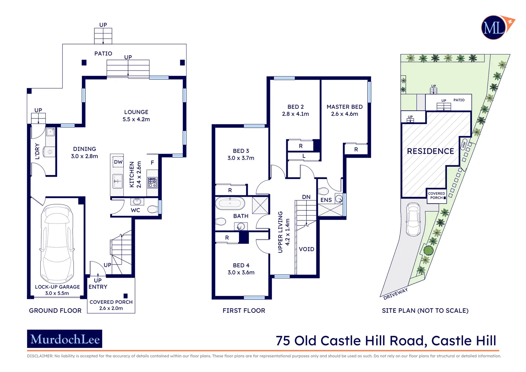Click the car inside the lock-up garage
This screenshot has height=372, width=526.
[57, 244]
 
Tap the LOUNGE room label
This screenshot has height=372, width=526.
[136, 112]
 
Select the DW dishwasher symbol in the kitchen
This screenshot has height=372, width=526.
[118, 162]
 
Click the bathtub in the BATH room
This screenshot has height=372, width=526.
[230, 203]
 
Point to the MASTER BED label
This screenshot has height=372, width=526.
[344, 107]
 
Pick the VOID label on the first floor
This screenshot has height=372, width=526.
[306, 249]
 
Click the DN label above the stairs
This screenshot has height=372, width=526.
[306, 197]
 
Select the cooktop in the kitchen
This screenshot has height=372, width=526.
[152, 182]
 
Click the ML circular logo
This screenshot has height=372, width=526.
[494, 28]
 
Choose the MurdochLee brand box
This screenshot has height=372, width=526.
[65, 339]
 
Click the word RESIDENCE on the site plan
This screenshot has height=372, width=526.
[430, 151]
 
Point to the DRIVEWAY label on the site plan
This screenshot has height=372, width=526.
[396, 293]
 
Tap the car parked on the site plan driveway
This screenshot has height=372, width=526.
[413, 219]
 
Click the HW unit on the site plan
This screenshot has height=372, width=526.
[464, 145]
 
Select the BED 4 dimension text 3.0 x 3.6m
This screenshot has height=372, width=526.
[241, 272]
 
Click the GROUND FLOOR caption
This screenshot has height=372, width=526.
[55, 311]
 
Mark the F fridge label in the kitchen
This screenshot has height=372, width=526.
[152, 163]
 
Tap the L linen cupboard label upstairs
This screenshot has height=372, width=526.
[304, 156]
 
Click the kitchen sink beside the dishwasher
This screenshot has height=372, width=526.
[118, 181]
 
